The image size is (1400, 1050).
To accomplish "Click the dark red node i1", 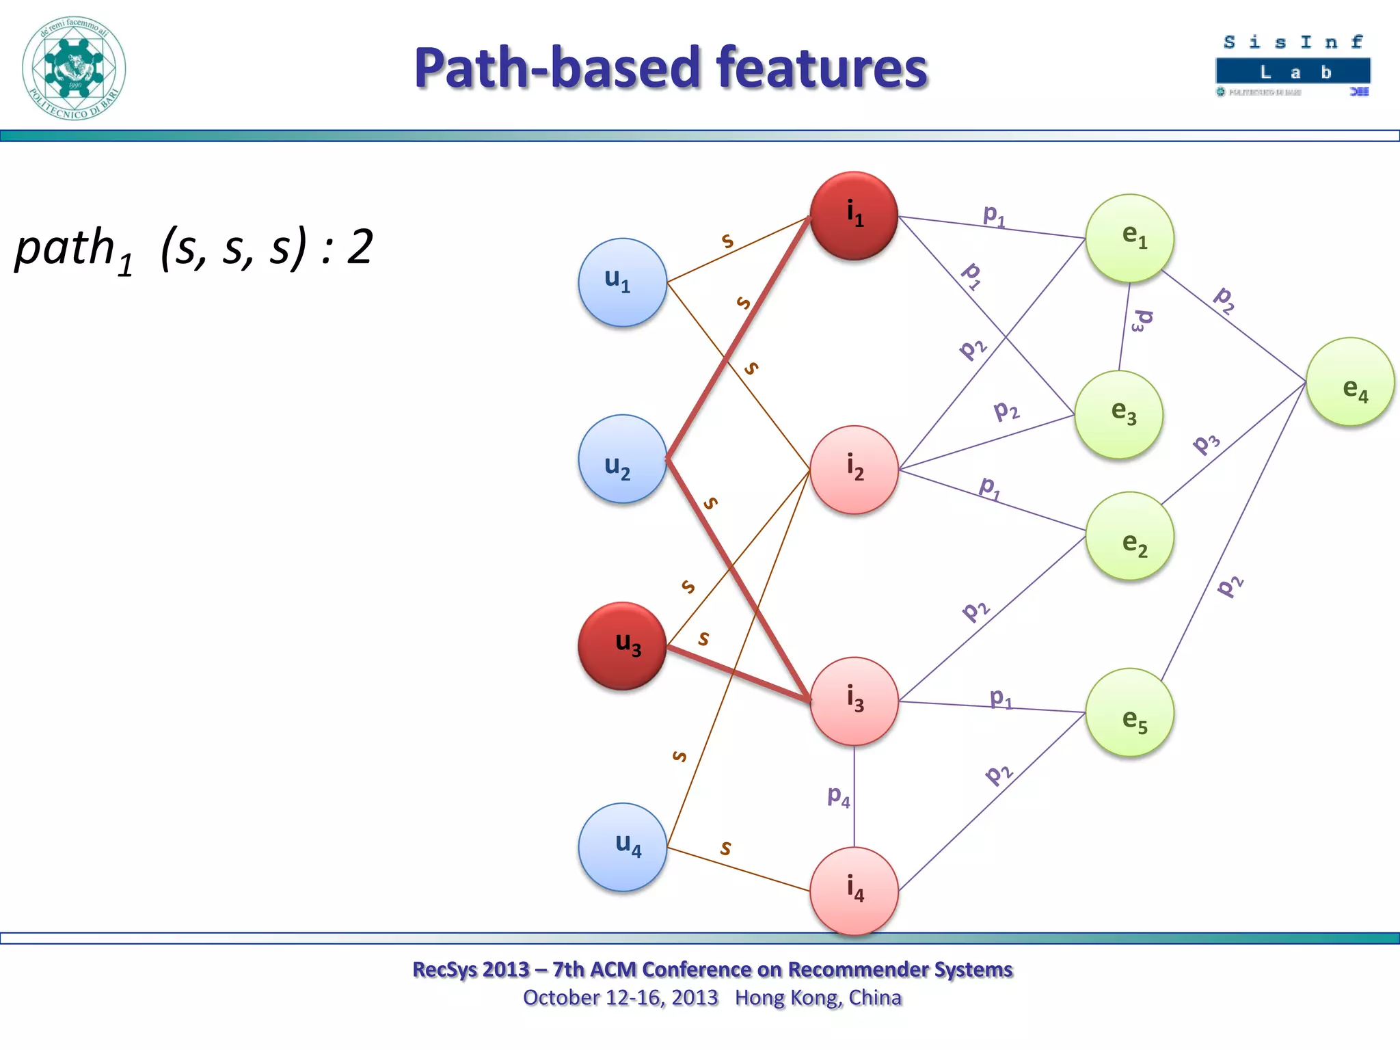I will [x=854, y=215].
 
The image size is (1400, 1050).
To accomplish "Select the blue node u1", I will [x=622, y=282].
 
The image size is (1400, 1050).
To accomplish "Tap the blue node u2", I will [x=622, y=459].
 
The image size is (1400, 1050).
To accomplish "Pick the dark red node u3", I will [x=622, y=646].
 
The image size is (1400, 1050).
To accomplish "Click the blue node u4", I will [x=622, y=847].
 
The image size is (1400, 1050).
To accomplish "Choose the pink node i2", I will [x=854, y=470].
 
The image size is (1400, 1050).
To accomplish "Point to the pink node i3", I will [x=854, y=701].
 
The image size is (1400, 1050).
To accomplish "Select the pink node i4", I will [x=854, y=891].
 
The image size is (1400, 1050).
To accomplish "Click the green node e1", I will [x=1129, y=238].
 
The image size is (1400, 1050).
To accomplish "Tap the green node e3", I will [x=1118, y=414].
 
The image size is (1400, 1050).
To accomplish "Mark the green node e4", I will [x=1350, y=381].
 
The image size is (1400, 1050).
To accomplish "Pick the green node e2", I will [x=1129, y=536].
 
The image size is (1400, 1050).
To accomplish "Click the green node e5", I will [x=1129, y=712].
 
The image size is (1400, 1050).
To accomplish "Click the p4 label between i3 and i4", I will [x=838, y=796].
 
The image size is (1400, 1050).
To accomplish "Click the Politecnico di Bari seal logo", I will [x=74, y=68].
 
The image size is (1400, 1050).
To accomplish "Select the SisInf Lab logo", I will [x=1293, y=66].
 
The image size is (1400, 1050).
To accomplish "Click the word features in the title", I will [x=821, y=68].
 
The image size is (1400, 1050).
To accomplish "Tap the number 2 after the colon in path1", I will [x=360, y=247].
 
